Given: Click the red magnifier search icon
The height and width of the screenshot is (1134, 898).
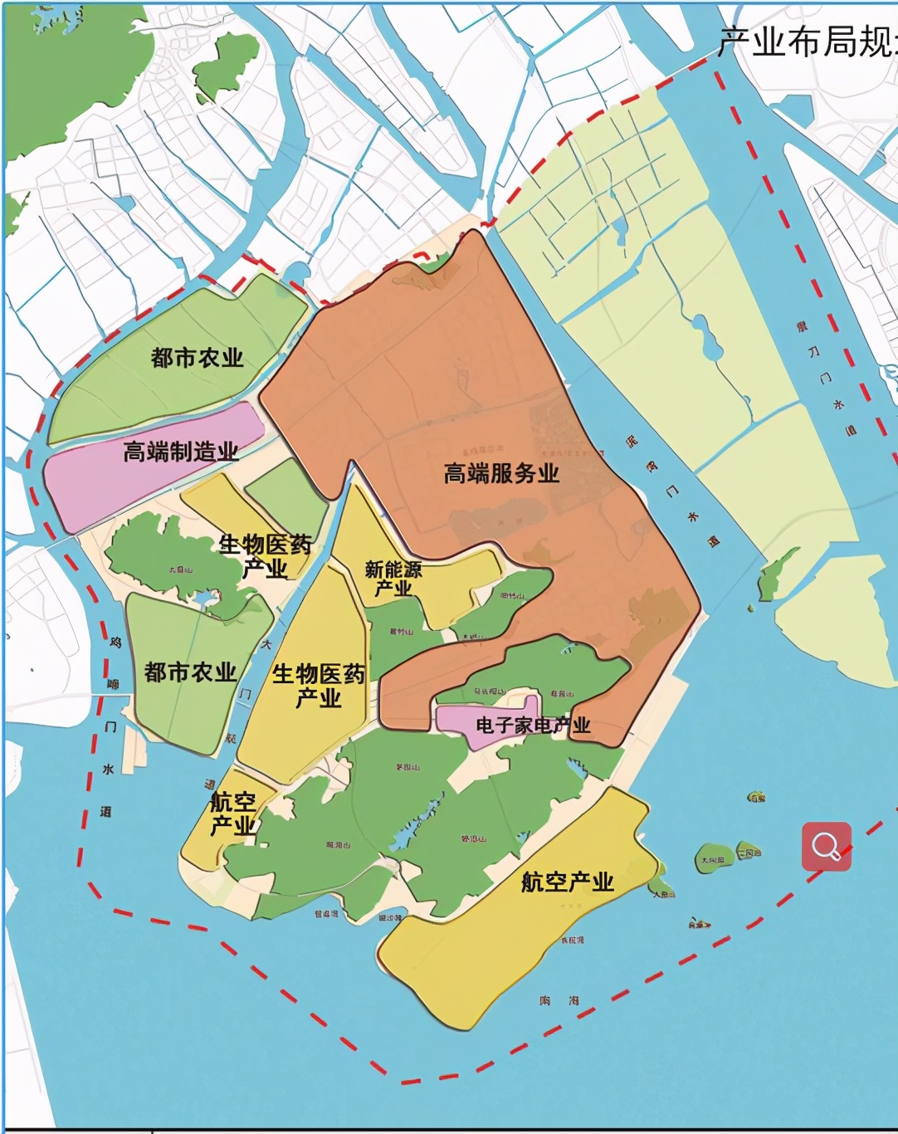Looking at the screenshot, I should [826, 846].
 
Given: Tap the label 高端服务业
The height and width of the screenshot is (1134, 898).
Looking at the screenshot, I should [501, 473].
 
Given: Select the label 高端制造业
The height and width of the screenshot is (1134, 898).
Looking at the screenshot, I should [181, 452].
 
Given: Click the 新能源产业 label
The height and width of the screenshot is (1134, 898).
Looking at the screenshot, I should [393, 579].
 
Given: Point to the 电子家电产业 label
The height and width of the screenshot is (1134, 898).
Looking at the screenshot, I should [533, 725].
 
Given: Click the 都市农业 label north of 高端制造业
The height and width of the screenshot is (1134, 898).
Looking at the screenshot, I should [197, 358].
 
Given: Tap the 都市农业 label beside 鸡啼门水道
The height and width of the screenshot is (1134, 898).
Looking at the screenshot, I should [190, 672].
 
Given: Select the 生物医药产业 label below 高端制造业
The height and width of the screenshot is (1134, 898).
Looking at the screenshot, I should [265, 556].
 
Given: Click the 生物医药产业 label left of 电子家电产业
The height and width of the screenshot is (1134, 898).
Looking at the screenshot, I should [319, 686].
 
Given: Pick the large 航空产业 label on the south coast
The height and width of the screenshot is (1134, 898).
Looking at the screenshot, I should [567, 882].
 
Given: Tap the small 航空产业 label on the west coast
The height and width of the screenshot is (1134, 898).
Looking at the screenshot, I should [232, 814].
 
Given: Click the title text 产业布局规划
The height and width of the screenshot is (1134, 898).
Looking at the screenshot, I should [805, 42].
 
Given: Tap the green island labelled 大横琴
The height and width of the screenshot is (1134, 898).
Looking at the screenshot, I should [713, 859].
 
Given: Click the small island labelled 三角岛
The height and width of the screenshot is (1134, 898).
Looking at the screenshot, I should [749, 852].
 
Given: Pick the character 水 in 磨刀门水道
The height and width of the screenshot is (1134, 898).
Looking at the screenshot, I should [838, 404].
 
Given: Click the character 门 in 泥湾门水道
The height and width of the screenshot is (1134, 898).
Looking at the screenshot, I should [671, 491].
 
